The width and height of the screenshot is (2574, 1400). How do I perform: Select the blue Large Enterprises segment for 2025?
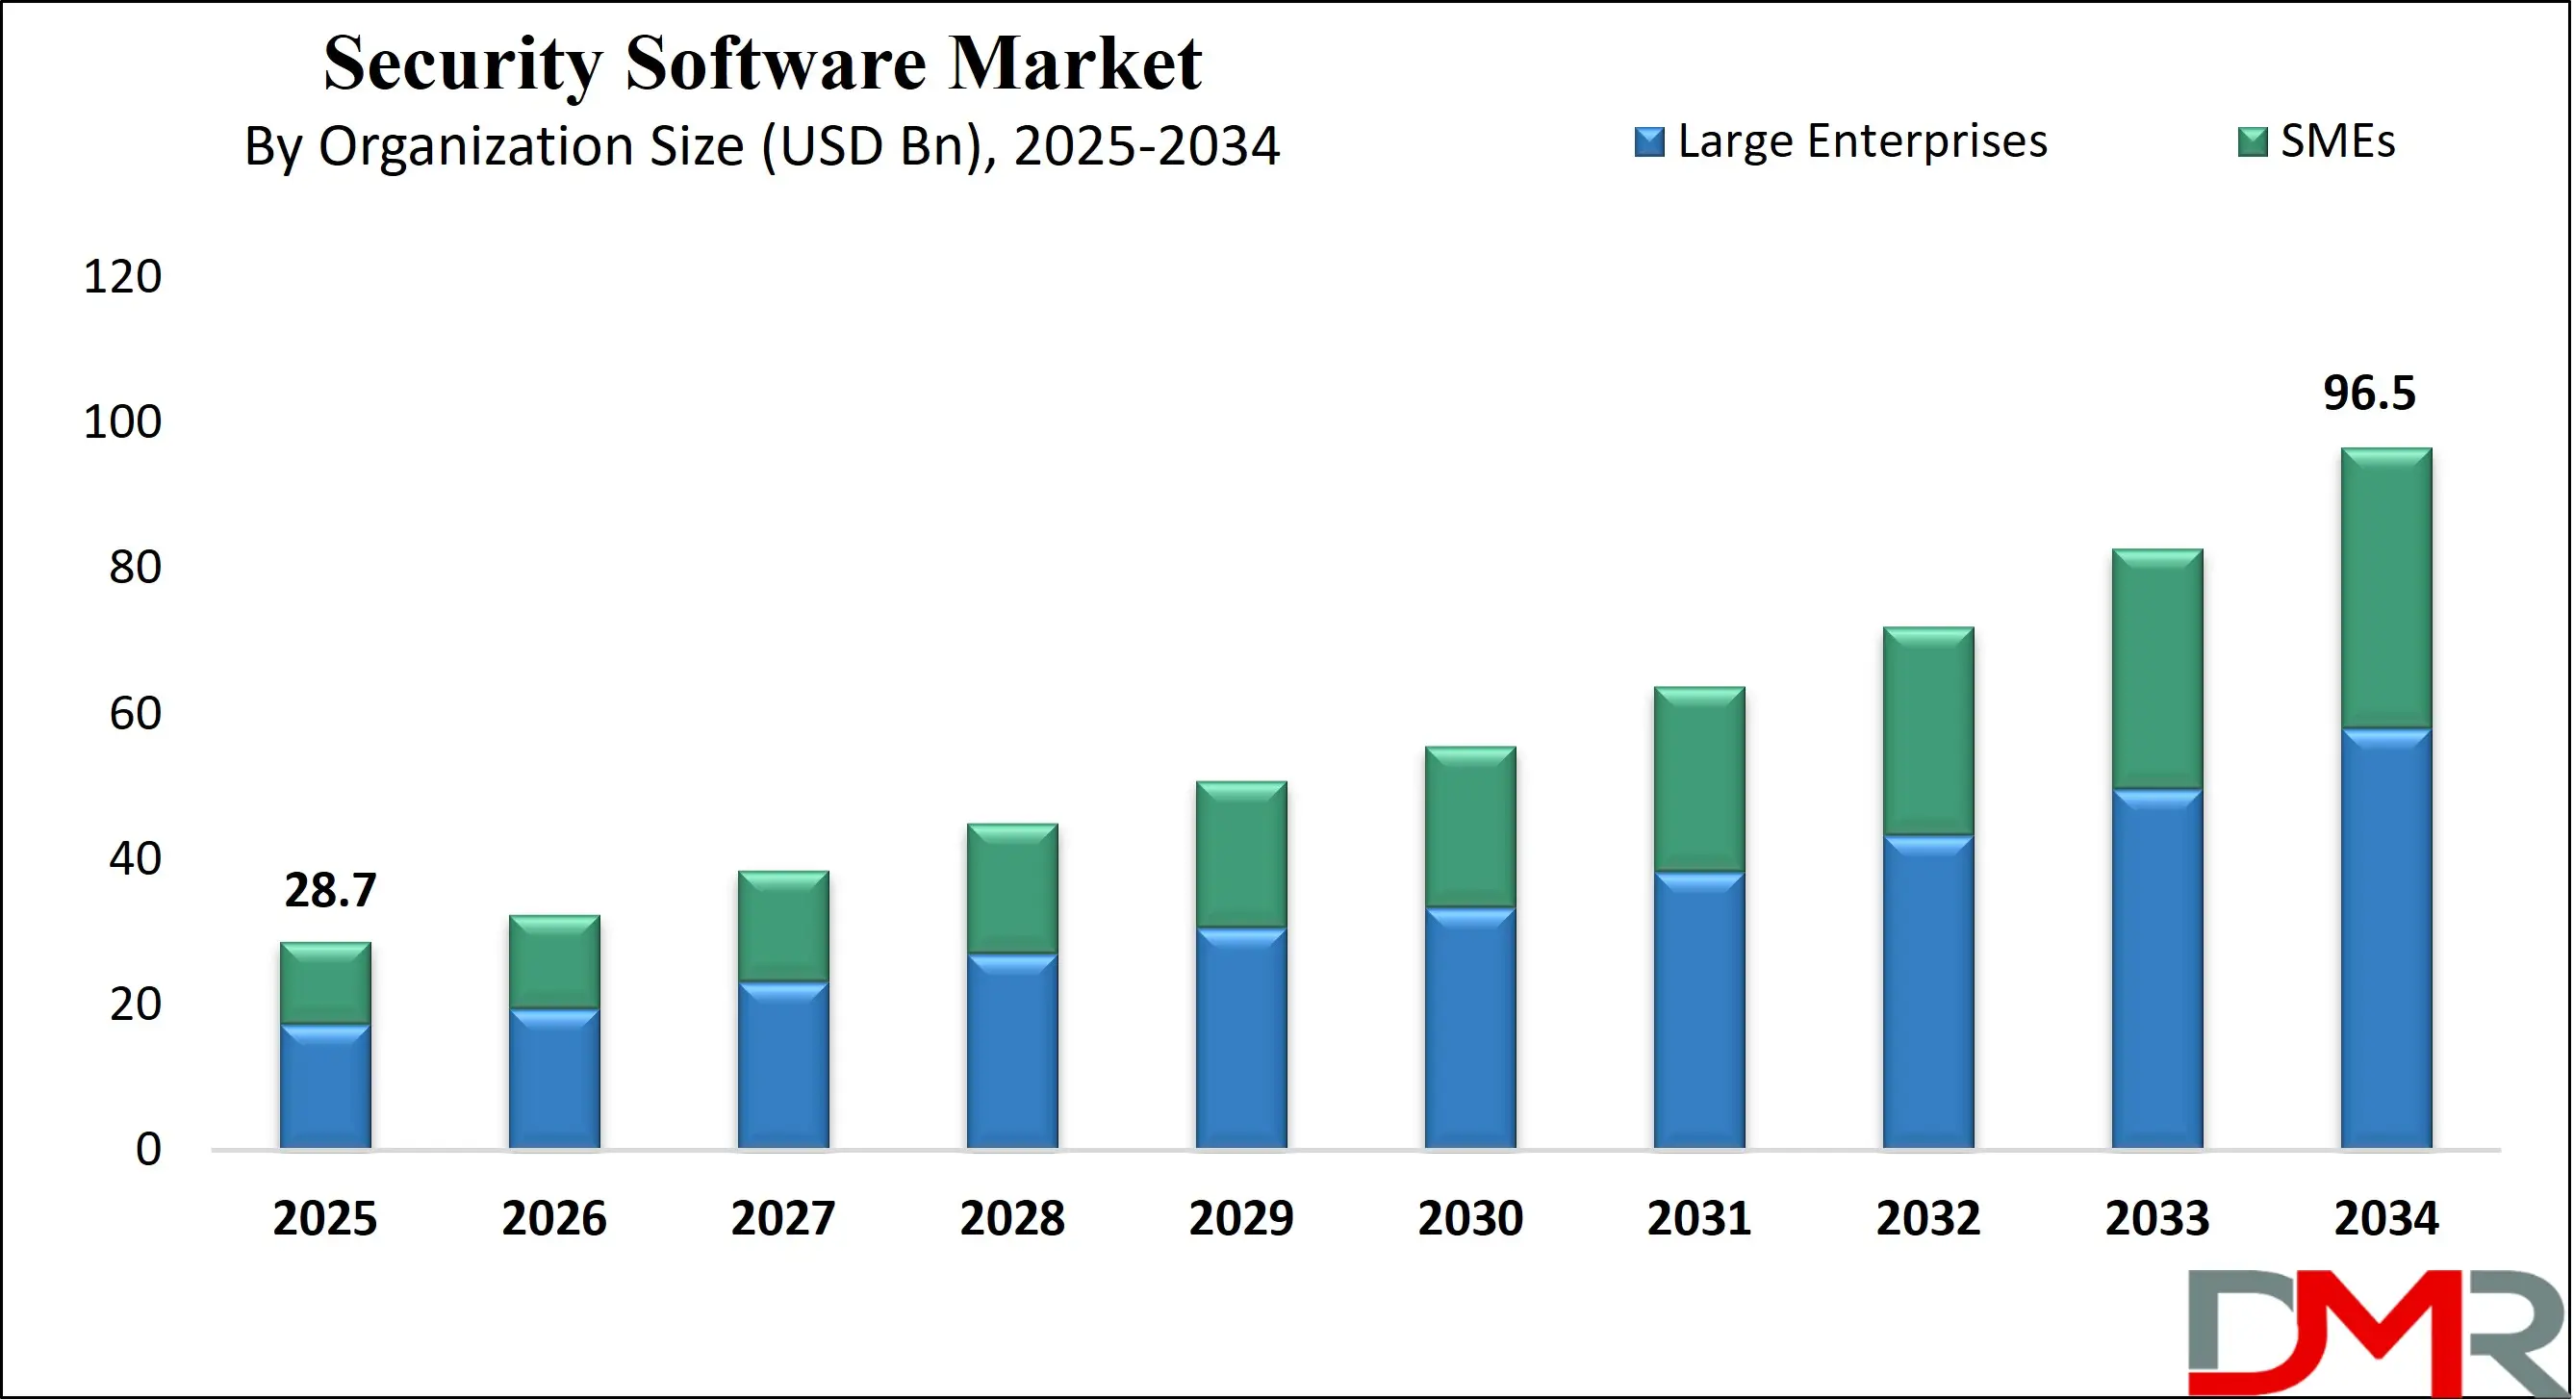pyautogui.click(x=324, y=1086)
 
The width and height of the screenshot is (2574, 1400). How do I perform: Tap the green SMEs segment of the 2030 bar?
pyautogui.click(x=1470, y=827)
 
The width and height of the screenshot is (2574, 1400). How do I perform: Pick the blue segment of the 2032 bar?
pyautogui.click(x=1927, y=991)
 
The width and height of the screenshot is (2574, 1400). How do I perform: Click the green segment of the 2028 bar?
pyautogui.click(x=1012, y=888)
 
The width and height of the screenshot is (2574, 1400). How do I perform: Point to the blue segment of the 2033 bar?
pyautogui.click(x=2156, y=968)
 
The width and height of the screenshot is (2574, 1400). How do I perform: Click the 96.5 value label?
pyautogui.click(x=2368, y=393)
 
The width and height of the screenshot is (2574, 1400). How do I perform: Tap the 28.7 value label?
pyautogui.click(x=330, y=890)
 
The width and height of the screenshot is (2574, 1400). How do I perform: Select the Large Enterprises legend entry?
pyautogui.click(x=1841, y=141)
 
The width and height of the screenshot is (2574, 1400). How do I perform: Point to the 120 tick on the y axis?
pyautogui.click(x=122, y=277)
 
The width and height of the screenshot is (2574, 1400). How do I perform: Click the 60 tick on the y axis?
pyautogui.click(x=135, y=714)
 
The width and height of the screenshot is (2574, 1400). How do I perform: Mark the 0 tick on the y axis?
pyautogui.click(x=148, y=1149)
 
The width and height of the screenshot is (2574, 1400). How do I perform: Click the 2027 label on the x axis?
pyautogui.click(x=782, y=1218)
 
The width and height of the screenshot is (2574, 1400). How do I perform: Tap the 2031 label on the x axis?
pyautogui.click(x=1698, y=1218)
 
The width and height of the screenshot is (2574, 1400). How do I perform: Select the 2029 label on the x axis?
pyautogui.click(x=1241, y=1218)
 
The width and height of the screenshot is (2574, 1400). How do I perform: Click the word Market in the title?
pyautogui.click(x=1074, y=63)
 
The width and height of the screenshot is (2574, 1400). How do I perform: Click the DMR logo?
pyautogui.click(x=2378, y=1332)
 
